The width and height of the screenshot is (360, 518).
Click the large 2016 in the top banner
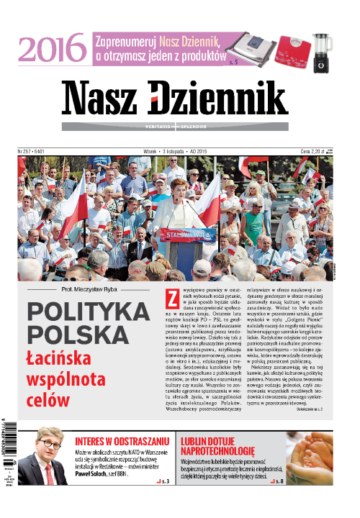[49, 49]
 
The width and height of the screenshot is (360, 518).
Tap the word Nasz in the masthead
[100, 99]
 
